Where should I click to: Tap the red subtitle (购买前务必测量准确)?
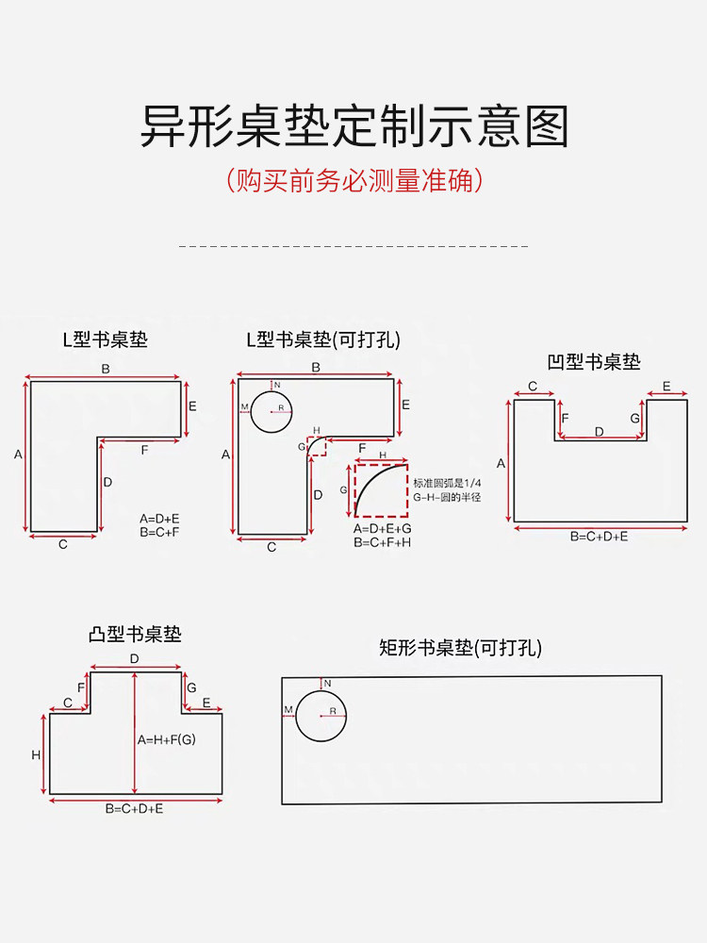click(x=353, y=180)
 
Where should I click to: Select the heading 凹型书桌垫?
click(x=594, y=362)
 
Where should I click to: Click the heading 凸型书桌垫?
click(x=135, y=635)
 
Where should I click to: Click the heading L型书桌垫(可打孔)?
click(x=323, y=340)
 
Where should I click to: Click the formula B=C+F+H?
click(x=383, y=542)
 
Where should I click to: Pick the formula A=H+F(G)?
click(x=166, y=739)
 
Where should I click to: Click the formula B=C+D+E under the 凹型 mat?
click(x=599, y=536)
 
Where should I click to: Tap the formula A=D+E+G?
click(x=383, y=529)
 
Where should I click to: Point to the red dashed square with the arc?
click(x=381, y=490)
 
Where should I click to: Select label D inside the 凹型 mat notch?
click(x=599, y=431)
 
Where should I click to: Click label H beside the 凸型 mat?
click(x=36, y=754)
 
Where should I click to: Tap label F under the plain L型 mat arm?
click(x=144, y=451)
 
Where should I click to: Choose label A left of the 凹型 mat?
click(x=501, y=463)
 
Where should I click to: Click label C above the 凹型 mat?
click(x=533, y=387)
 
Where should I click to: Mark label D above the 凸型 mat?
click(x=134, y=658)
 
